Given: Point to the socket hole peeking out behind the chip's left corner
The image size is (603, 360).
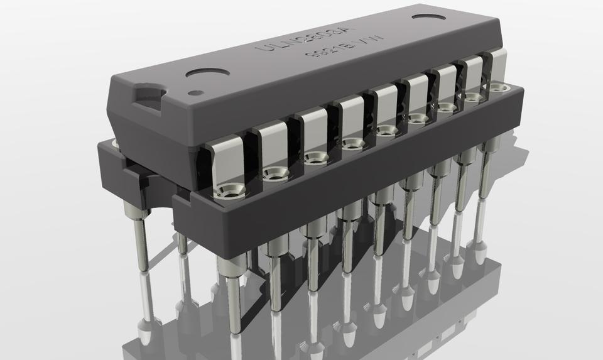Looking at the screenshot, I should click(x=115, y=145).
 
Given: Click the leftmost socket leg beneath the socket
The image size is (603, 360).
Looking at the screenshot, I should click(x=140, y=239).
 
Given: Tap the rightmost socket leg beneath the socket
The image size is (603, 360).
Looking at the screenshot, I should click(x=484, y=170).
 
